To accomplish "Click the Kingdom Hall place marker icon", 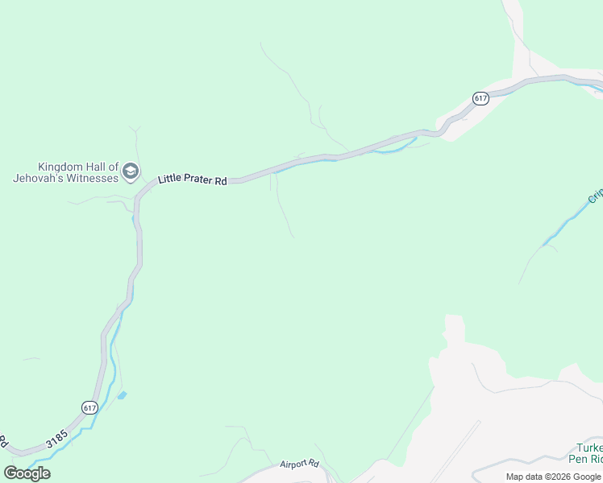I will (131, 171).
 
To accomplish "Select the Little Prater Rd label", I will (192, 180).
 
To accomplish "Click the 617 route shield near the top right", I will (480, 98).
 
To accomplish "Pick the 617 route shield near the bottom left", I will (89, 407).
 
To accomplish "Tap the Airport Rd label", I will (300, 464).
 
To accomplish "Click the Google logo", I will (27, 473).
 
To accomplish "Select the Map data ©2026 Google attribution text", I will (553, 477).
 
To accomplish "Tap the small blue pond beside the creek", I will (122, 395).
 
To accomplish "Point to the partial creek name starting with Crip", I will (595, 196).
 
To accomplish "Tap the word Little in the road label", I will (171, 179).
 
